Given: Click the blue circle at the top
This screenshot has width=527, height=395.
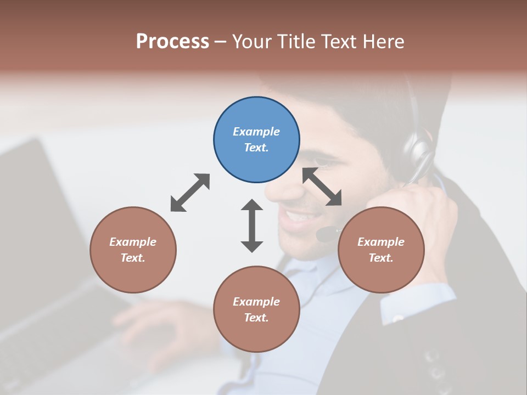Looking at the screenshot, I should pos(256,140).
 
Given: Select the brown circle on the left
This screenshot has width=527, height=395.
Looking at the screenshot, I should pos(133,250).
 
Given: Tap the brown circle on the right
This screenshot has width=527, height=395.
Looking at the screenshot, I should pos(380,250).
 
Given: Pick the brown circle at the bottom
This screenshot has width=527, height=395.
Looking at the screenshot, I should pos(256,309).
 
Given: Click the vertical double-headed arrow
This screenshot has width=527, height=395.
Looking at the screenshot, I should pos(252,225).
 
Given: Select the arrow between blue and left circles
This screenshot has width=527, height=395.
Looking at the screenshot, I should pos(190,193).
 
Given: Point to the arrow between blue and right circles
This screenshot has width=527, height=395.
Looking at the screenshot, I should pos(322,187).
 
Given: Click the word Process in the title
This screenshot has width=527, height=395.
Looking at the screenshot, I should pos(172,41).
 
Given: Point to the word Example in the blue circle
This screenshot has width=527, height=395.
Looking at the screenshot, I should pos(256,132).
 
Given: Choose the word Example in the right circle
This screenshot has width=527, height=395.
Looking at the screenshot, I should pos(380,242).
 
